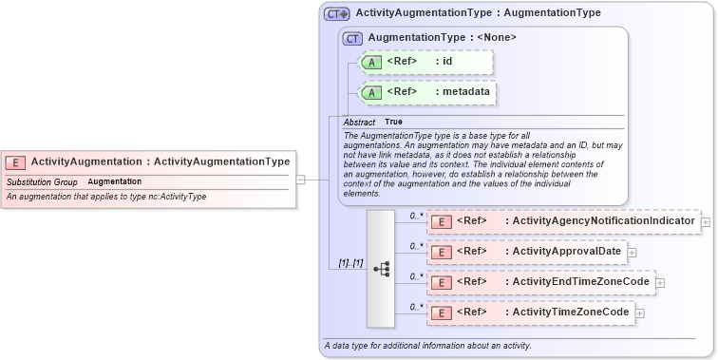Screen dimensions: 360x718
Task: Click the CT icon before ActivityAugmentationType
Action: click(x=337, y=13)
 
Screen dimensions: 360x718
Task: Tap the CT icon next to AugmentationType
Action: click(x=353, y=38)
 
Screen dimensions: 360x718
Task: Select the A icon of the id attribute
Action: click(x=373, y=62)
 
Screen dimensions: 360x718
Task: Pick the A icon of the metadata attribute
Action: click(x=373, y=92)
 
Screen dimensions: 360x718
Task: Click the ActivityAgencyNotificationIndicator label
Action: click(x=602, y=221)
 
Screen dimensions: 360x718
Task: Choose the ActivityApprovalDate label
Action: click(x=565, y=252)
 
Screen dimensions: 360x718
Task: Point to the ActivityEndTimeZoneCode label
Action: click(x=579, y=282)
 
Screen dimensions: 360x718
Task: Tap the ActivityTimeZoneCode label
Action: click(x=569, y=313)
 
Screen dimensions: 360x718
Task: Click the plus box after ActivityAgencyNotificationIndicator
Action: click(x=706, y=222)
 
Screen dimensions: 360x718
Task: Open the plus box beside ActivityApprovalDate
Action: click(x=632, y=253)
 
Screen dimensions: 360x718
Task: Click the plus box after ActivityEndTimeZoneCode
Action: click(x=660, y=283)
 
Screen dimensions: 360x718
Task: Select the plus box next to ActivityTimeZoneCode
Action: click(x=639, y=313)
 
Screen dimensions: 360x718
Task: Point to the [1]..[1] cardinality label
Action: click(x=350, y=262)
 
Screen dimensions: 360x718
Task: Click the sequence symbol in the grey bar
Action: click(x=382, y=269)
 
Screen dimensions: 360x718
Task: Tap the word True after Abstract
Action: click(x=393, y=123)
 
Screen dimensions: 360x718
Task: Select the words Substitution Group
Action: click(x=42, y=181)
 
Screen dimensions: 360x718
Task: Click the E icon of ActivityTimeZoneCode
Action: click(x=441, y=313)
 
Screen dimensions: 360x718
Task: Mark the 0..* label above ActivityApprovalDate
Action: click(x=416, y=246)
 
